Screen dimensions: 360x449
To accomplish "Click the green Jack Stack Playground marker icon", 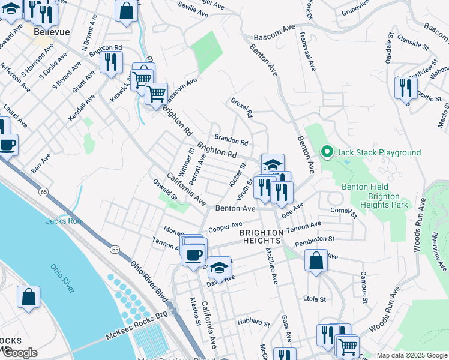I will coord(327,152).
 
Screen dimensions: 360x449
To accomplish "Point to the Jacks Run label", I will coord(62,221).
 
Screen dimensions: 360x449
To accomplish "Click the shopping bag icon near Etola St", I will coord(315,260).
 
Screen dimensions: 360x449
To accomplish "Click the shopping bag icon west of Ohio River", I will coord(28,297).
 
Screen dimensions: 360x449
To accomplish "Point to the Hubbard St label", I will coord(252,322).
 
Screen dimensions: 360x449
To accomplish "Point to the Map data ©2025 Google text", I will coord(411,355).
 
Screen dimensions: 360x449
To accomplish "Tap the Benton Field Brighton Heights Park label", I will coord(375,196).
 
